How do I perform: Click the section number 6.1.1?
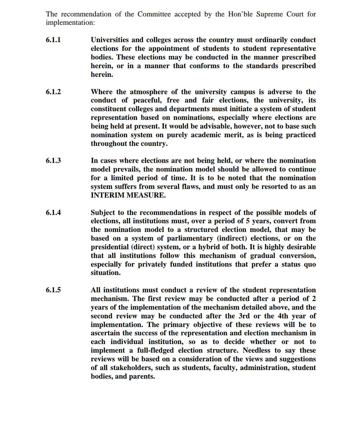[x=53, y=40]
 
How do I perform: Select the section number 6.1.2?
[x=53, y=92]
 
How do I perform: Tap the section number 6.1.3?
[x=53, y=160]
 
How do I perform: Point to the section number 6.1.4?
[x=53, y=213]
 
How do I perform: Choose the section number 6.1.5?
[x=53, y=290]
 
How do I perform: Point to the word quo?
[x=309, y=264]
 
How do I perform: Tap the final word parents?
[x=141, y=377]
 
